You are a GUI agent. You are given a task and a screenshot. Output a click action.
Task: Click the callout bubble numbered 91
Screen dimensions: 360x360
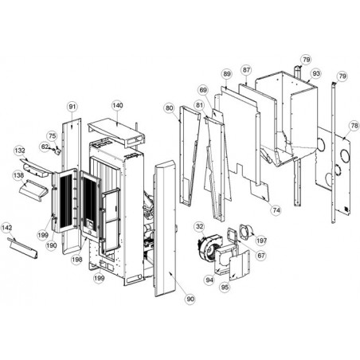pos(72,107)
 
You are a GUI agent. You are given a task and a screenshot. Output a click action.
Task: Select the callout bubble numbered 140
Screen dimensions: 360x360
pos(117,105)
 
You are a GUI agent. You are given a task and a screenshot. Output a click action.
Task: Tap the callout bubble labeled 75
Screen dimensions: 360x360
pos(53,136)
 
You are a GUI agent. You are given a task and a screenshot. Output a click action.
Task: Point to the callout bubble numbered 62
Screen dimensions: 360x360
pos(45,147)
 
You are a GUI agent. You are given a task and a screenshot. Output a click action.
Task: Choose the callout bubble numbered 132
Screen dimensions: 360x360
pos(20,151)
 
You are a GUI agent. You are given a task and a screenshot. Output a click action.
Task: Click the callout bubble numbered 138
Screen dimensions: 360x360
pos(18,175)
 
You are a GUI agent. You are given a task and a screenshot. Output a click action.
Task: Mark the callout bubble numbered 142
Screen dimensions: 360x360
pos(6,228)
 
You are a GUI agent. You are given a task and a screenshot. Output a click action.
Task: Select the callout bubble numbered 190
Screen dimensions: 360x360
pos(51,245)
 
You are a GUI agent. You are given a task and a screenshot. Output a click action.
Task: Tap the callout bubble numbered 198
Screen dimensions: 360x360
pos(76,260)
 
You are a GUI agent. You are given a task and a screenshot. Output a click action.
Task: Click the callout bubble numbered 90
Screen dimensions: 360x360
pos(190,299)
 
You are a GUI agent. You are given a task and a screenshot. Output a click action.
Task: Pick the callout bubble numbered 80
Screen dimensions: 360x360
pos(170,108)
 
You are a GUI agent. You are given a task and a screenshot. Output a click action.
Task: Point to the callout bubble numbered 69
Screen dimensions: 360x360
pos(203,90)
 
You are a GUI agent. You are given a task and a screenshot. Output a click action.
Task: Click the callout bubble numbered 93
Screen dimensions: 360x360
pos(316,73)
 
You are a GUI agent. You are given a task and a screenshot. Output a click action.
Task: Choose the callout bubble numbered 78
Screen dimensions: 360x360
pos(354,126)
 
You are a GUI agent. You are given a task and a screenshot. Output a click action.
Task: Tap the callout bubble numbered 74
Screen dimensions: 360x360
pos(276,210)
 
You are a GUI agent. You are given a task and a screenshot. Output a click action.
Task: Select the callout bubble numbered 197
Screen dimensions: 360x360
pos(261,241)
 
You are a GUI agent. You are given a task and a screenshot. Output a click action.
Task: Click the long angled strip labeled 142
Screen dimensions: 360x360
pos(22,248)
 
